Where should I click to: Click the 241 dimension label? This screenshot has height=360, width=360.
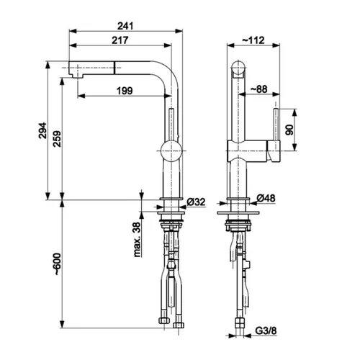point(125,26)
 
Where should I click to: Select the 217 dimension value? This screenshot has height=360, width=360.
point(120,40)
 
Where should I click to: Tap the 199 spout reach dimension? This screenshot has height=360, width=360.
point(125,91)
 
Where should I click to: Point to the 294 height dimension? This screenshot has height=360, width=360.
point(42,130)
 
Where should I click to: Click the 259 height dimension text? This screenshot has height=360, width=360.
point(57,139)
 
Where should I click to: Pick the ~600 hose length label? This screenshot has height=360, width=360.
point(57,264)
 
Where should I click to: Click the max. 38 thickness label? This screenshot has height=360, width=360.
point(137,240)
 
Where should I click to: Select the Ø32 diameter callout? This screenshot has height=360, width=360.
point(196,202)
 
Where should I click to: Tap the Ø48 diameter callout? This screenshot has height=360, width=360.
point(266,198)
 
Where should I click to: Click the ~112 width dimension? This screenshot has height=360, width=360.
point(253,40)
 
